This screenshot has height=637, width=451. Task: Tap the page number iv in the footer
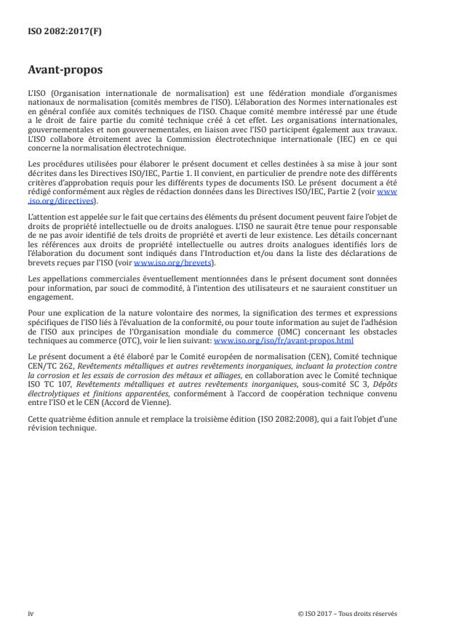31,612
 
